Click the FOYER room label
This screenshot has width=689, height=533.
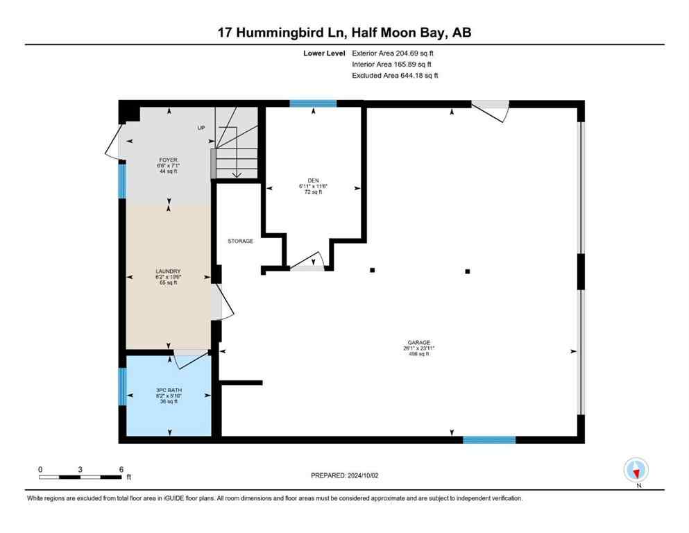click(167, 160)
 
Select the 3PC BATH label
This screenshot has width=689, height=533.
click(167, 391)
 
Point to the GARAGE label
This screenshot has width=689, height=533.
click(419, 343)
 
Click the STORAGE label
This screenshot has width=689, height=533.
click(240, 242)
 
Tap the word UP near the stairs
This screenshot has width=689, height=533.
click(201, 128)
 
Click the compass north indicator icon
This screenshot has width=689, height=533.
click(636, 471)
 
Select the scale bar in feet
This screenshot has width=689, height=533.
click(80, 476)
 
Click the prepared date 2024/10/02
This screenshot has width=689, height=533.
click(345, 475)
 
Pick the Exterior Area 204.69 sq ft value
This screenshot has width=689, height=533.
click(394, 53)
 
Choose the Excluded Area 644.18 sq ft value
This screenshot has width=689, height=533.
click(395, 75)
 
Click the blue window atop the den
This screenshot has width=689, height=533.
click(313, 103)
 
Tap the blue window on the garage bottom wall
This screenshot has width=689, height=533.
click(489, 439)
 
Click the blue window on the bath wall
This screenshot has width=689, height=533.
click(122, 386)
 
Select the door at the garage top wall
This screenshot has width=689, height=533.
click(491, 110)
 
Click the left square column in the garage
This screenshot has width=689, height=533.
click(373, 270)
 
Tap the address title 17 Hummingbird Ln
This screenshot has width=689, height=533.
click(280, 32)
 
